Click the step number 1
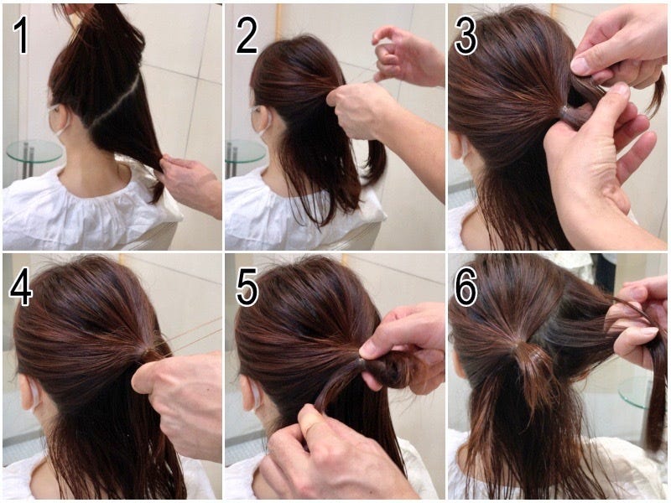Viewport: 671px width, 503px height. (x=20, y=36)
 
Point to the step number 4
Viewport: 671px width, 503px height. (x=20, y=287)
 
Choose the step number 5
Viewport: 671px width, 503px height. (x=247, y=287)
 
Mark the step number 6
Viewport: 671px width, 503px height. (x=466, y=287)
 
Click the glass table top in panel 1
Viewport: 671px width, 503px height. (x=34, y=151)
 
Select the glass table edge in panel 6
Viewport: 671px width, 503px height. (x=634, y=392)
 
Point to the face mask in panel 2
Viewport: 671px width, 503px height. (x=262, y=121)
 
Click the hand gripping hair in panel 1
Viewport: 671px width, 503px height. (x=190, y=184)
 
